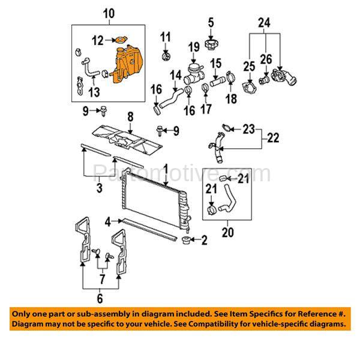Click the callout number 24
click(265, 23)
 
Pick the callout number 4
click(108, 222)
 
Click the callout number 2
click(203, 242)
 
